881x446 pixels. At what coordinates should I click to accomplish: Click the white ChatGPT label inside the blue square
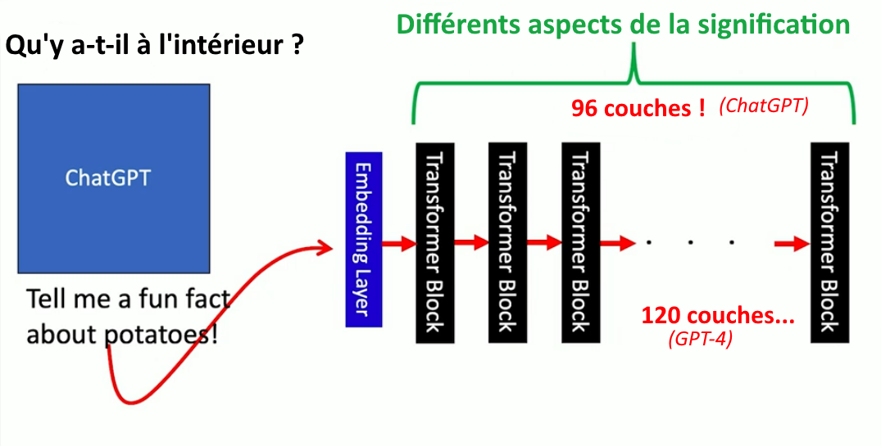[x=108, y=178]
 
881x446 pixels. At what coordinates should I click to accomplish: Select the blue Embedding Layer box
[x=364, y=240]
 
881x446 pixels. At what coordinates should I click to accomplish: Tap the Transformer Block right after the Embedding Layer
[x=435, y=242]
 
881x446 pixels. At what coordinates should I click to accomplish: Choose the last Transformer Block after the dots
[x=830, y=242]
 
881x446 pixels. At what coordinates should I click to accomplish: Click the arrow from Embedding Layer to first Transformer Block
[x=399, y=244]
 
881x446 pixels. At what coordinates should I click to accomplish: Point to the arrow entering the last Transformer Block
[x=792, y=244]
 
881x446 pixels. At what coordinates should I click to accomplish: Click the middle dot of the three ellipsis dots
[x=691, y=243]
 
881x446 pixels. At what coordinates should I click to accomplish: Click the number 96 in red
[x=584, y=108]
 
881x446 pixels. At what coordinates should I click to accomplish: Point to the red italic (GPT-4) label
[x=701, y=340]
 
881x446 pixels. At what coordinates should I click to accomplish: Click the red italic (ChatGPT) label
[x=764, y=106]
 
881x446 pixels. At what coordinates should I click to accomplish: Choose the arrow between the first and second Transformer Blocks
[x=471, y=243]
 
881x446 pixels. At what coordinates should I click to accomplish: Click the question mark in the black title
[x=297, y=45]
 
